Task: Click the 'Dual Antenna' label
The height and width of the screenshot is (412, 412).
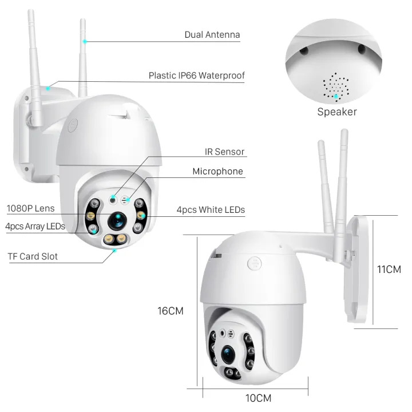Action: tap(212, 35)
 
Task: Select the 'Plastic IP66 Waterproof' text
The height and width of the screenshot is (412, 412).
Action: tap(196, 76)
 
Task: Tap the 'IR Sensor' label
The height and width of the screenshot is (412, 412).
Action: tap(224, 152)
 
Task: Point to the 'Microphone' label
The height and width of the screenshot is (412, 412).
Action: tap(217, 172)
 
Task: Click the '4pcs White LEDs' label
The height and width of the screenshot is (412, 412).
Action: tap(211, 210)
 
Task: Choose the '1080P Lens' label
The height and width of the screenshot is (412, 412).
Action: tap(30, 208)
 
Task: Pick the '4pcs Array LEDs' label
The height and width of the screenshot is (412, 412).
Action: tap(35, 227)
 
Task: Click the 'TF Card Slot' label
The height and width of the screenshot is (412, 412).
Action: tap(33, 256)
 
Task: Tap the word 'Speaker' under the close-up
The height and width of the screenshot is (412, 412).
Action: tap(337, 112)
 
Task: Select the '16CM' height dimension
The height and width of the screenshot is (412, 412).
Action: tap(171, 311)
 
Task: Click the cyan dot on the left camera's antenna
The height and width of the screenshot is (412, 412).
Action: tap(84, 41)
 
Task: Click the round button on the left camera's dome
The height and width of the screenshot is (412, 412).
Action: tap(72, 125)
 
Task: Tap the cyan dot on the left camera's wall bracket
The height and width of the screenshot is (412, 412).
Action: tap(48, 88)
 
